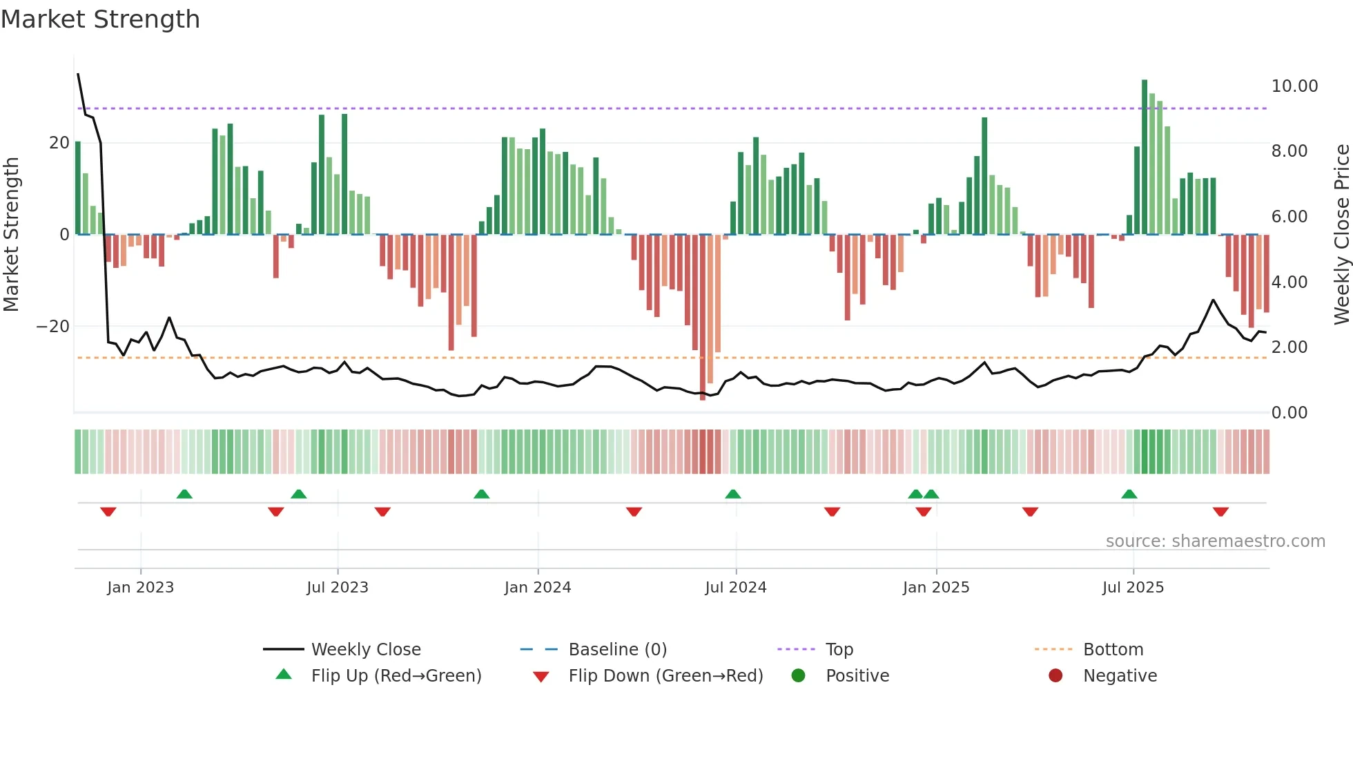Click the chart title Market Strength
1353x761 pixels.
[100, 19]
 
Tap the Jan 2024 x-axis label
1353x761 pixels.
[538, 588]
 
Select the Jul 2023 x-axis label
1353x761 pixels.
[338, 588]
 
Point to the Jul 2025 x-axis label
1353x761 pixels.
[1133, 588]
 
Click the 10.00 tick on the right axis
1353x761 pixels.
[1294, 86]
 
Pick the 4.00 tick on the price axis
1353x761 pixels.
[1289, 282]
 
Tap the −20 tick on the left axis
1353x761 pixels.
[53, 327]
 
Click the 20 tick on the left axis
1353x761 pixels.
[59, 143]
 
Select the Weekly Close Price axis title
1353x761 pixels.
[1341, 235]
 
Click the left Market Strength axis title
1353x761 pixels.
[11, 235]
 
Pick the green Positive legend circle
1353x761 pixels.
[799, 676]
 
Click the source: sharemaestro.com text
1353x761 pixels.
[1215, 541]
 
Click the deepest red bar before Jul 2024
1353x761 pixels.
[703, 318]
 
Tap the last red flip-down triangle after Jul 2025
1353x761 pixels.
[1220, 512]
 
